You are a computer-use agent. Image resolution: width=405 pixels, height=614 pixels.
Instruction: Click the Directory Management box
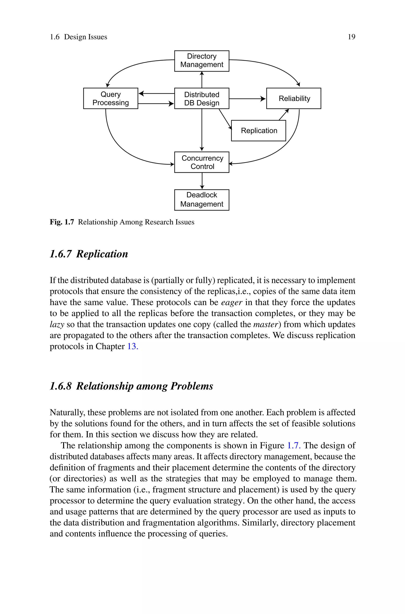[202, 61]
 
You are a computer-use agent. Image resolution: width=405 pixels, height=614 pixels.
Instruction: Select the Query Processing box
[111, 98]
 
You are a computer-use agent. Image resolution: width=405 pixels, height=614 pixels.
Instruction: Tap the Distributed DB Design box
[202, 98]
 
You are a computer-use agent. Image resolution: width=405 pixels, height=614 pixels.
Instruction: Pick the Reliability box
[294, 98]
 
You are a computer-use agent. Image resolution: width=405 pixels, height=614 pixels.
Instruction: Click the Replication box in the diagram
[258, 131]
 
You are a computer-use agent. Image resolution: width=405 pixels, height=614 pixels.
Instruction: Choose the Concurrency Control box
[202, 162]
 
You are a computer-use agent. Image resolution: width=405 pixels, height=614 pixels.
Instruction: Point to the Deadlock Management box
[202, 200]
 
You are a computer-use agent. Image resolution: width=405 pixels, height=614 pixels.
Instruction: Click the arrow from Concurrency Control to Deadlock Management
[202, 181]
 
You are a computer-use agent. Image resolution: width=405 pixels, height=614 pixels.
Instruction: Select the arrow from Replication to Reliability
[284, 115]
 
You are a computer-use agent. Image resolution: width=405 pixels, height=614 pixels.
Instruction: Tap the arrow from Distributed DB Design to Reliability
[247, 99]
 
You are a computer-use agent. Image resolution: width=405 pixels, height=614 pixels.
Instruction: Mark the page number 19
[352, 37]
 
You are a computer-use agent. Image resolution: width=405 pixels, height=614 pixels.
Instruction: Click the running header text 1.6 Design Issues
[78, 37]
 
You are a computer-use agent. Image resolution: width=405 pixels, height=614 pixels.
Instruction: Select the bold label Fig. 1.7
[62, 222]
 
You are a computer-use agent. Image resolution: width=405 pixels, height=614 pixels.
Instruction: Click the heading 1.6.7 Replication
[89, 254]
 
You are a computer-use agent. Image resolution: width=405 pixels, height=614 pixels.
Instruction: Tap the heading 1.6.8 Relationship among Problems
[131, 386]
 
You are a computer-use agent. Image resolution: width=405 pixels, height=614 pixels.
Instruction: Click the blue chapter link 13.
[132, 346]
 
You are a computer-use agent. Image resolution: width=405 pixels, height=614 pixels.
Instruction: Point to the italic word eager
[232, 302]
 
